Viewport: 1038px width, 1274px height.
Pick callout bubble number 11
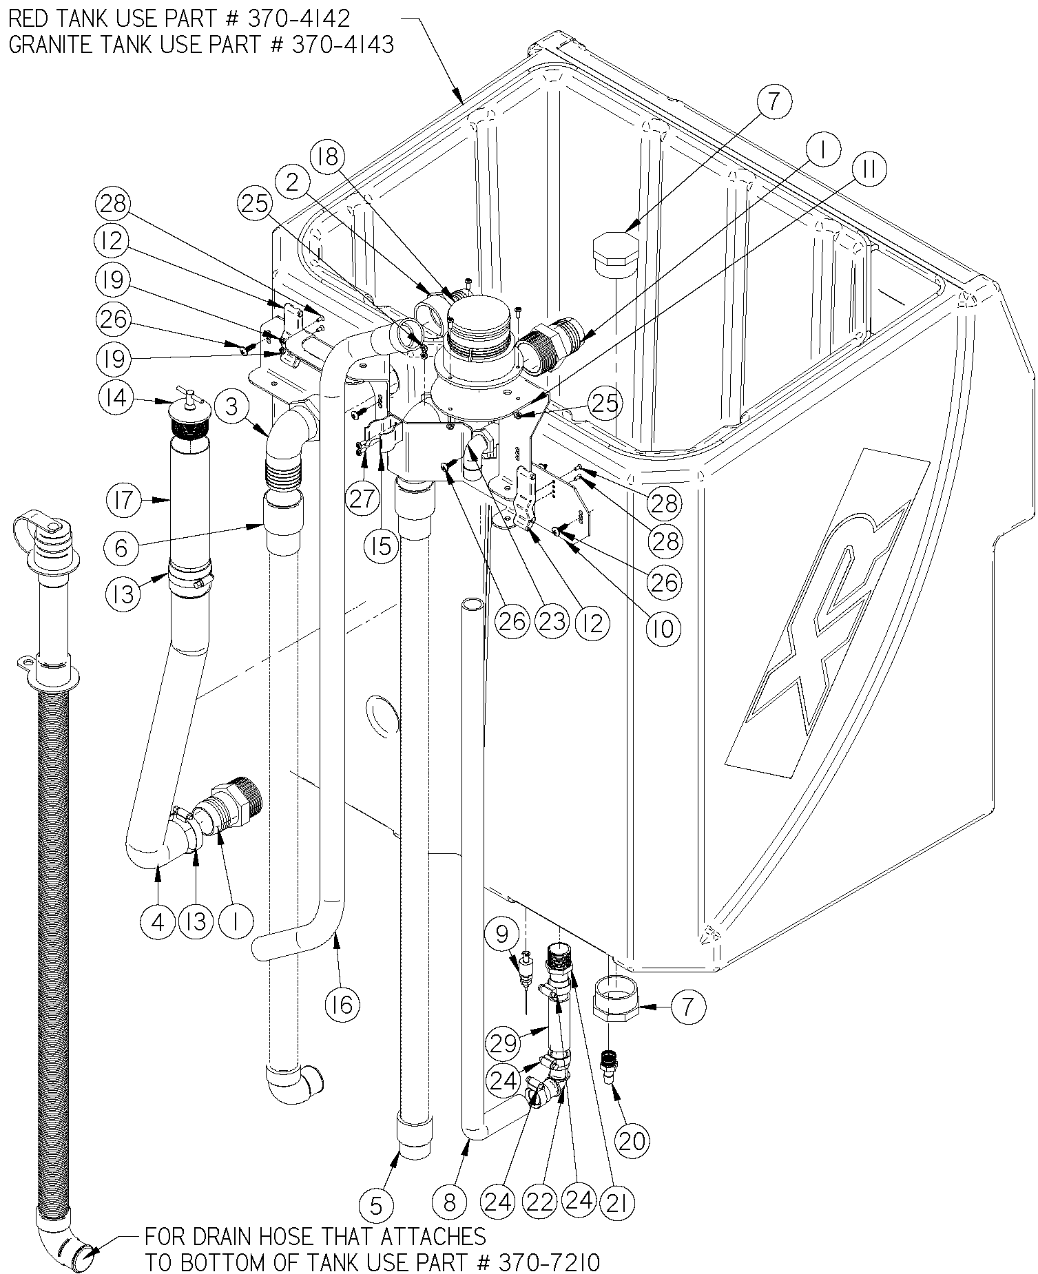tap(869, 170)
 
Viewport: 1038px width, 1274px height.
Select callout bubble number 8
tap(450, 1202)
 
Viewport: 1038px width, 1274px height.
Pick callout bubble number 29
tap(505, 1043)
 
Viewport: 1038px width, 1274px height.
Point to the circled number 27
tap(363, 497)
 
